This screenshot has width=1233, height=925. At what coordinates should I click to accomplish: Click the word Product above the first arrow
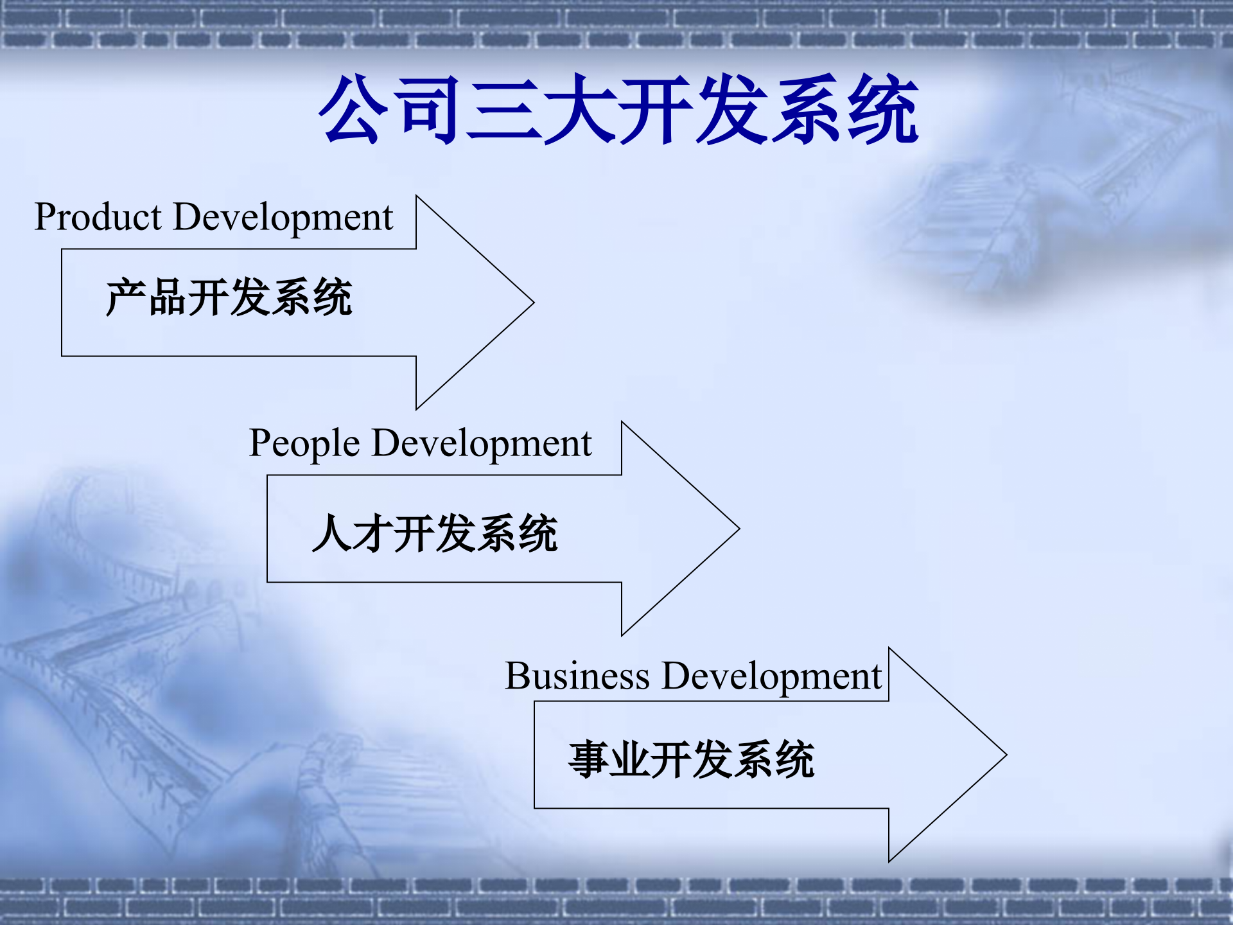(98, 217)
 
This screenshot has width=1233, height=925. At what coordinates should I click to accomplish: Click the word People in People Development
(304, 443)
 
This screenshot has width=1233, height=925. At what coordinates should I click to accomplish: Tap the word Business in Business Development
(577, 676)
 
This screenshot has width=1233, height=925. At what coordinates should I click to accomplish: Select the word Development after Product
(283, 217)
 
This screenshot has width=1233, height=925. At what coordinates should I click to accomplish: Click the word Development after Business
(771, 676)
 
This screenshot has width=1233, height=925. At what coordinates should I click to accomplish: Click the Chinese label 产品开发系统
(229, 297)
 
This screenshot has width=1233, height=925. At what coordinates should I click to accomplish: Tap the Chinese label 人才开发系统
(435, 533)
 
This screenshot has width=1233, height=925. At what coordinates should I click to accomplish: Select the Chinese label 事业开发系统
(691, 759)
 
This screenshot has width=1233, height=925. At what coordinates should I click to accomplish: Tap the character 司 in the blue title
(428, 109)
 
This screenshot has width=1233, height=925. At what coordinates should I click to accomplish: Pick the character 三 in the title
(504, 109)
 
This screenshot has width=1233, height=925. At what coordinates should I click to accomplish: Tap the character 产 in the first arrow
(125, 297)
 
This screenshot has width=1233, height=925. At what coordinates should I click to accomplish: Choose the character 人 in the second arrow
(332, 533)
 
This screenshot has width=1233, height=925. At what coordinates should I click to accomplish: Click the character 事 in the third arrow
(588, 759)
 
